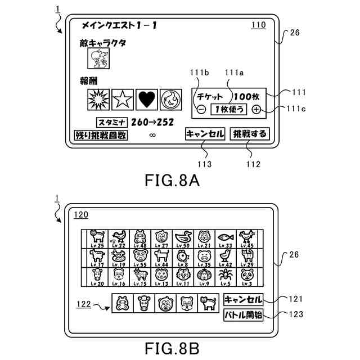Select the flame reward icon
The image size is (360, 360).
pos(170,100)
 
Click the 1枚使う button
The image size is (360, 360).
pos(228,110)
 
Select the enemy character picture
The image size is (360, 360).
pos(98,58)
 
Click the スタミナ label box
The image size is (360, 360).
pos(112,122)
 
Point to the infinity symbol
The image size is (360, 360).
pos(151,136)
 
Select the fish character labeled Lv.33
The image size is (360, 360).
pos(226,237)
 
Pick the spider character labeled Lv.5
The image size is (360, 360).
pos(226,276)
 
